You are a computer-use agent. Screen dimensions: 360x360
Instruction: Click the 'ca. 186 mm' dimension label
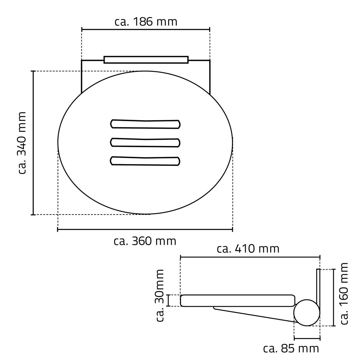(146, 22)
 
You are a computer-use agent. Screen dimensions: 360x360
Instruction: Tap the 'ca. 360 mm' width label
(145, 241)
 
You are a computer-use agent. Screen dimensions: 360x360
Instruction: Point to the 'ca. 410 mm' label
(248, 249)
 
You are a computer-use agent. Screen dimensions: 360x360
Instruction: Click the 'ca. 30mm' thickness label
(160, 295)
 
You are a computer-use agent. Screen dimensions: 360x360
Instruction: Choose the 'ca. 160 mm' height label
(344, 293)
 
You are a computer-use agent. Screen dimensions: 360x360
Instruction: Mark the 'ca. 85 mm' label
(291, 349)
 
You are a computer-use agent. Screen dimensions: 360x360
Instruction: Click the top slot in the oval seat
(145, 124)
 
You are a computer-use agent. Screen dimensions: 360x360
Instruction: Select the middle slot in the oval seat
(145, 142)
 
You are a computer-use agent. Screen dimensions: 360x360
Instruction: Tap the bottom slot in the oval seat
(145, 161)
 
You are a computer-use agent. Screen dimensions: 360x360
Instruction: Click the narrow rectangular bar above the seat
(146, 59)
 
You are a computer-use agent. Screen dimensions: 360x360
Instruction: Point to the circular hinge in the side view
(307, 313)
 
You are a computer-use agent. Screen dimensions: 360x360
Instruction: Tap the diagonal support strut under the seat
(255, 314)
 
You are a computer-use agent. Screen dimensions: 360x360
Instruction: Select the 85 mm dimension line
(307, 338)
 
